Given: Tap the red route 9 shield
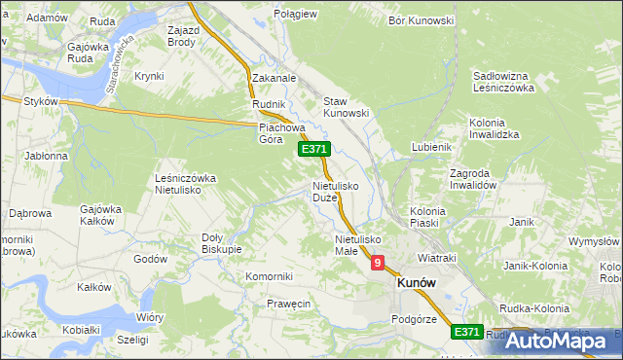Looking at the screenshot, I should [x=377, y=263].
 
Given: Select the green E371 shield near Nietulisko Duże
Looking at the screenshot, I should [x=314, y=149].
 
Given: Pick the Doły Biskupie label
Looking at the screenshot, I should [x=221, y=242].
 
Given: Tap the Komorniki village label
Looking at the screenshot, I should [x=270, y=276].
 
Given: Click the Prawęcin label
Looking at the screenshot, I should [x=288, y=304].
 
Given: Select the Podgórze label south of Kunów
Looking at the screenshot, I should [x=413, y=318].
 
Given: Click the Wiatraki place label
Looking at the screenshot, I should [x=437, y=259].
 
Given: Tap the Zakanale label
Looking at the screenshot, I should [x=274, y=77].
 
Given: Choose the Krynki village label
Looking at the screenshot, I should [x=149, y=76].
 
